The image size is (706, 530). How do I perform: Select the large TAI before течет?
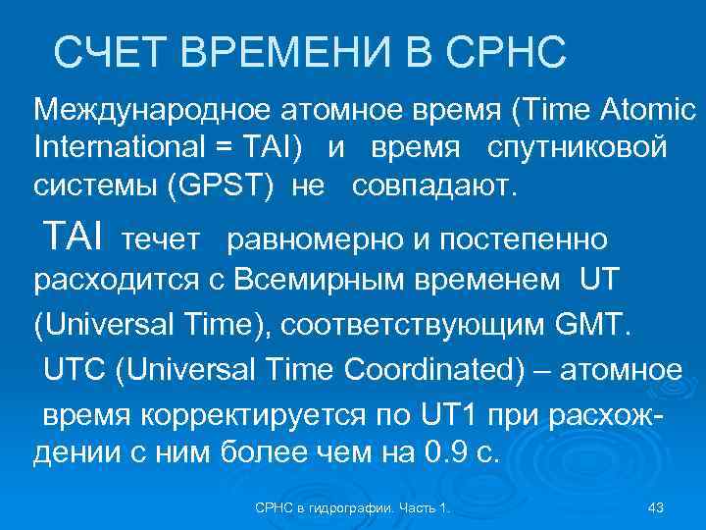pyautogui.click(x=74, y=237)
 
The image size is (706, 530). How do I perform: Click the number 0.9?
pyautogui.click(x=437, y=454)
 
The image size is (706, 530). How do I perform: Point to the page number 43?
pyautogui.click(x=657, y=507)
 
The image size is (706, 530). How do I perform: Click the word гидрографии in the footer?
pyautogui.click(x=354, y=507)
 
